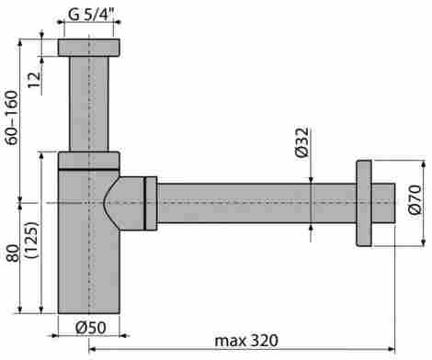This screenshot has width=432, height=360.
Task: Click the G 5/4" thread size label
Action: pyautogui.click(x=88, y=15)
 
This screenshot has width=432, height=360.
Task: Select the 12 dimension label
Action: pyautogui.click(x=35, y=80)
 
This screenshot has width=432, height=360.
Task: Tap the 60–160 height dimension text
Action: pyautogui.click(x=13, y=118)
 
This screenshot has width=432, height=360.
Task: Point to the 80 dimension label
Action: pyautogui.click(x=13, y=253)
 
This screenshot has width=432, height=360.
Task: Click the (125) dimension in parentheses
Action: pyautogui.click(x=31, y=240)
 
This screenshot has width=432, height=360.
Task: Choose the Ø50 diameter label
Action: pyautogui.click(x=91, y=328)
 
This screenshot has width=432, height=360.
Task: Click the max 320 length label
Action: pyautogui.click(x=246, y=341)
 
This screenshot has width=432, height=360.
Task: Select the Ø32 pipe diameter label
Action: pyautogui.click(x=302, y=142)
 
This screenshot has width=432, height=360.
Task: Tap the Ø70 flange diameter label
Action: pyautogui.click(x=415, y=199)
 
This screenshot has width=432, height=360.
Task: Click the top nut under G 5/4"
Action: pyautogui.click(x=89, y=48)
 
